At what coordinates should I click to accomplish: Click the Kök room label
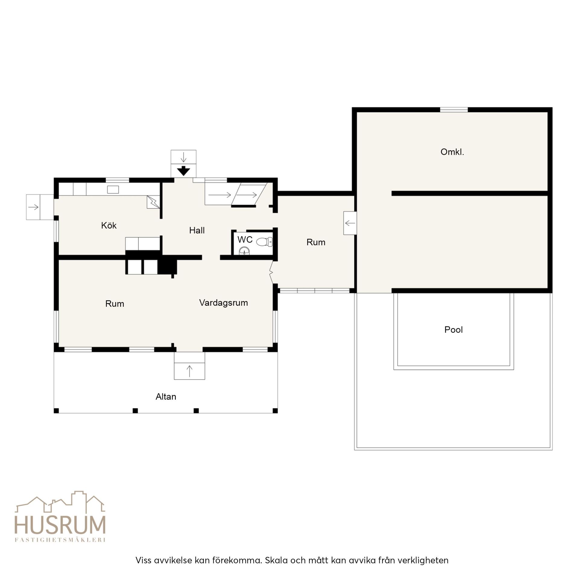pyautogui.click(x=109, y=225)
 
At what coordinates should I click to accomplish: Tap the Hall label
pyautogui.click(x=197, y=230)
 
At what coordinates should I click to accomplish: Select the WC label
pyautogui.click(x=245, y=239)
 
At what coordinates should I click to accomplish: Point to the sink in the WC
pyautogui.click(x=244, y=251)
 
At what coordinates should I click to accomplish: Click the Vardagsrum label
pyautogui.click(x=223, y=303)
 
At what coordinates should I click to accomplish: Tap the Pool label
pyautogui.click(x=453, y=330)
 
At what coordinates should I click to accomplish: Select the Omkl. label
pyautogui.click(x=452, y=152)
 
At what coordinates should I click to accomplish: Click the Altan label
pyautogui.click(x=166, y=397)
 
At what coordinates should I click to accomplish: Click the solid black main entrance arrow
pyautogui.click(x=183, y=171)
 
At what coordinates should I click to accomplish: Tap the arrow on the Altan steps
pyautogui.click(x=189, y=371)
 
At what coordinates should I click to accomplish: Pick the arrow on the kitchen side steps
pyautogui.click(x=33, y=207)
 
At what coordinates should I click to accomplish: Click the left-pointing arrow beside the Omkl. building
pyautogui.click(x=350, y=223)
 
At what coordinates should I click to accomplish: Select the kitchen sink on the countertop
pyautogui.click(x=113, y=189)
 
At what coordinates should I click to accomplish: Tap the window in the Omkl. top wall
pyautogui.click(x=454, y=109)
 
